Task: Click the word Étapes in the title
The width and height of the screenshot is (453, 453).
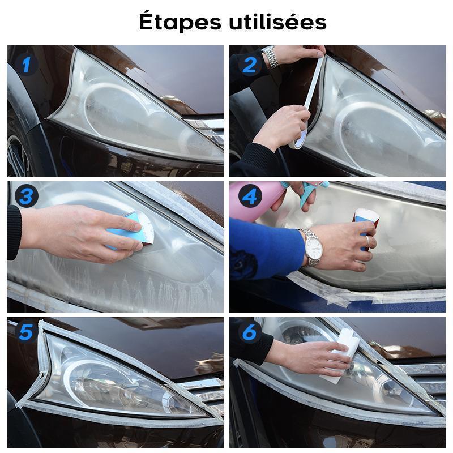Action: [180, 21]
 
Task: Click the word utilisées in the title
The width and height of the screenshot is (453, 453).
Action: [277, 22]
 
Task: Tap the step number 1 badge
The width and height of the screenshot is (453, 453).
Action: [26, 65]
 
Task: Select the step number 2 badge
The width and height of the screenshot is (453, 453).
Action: [250, 65]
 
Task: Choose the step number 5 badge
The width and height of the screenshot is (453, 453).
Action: [26, 332]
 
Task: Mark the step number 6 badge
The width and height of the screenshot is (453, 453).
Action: [250, 332]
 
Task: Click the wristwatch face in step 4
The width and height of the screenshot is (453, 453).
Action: [314, 247]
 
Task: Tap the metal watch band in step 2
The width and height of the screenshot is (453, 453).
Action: [271, 56]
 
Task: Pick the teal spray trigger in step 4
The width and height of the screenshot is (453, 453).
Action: [306, 193]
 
